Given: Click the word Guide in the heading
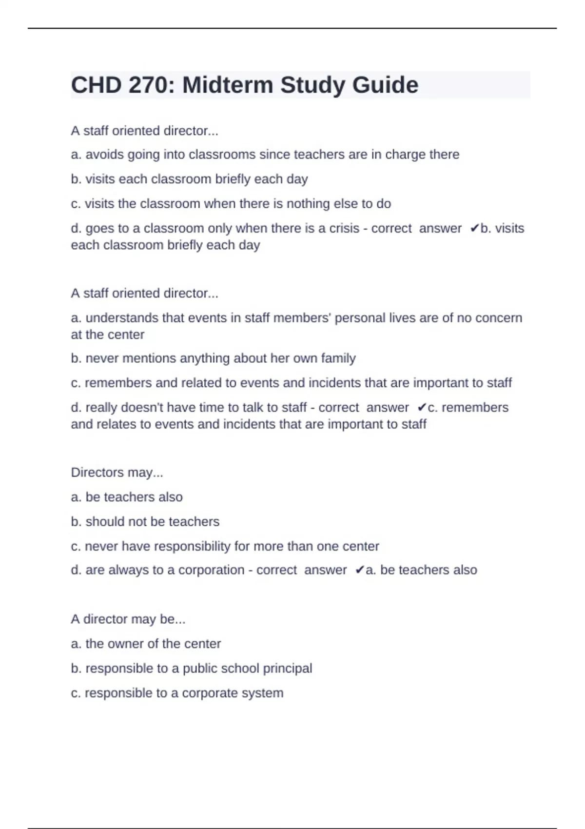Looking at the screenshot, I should (x=385, y=85).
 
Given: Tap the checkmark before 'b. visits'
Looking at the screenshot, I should (x=474, y=229).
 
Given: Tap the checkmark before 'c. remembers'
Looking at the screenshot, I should (x=422, y=408).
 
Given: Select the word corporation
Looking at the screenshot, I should (x=211, y=570).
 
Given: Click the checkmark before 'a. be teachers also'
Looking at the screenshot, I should (x=359, y=570).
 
